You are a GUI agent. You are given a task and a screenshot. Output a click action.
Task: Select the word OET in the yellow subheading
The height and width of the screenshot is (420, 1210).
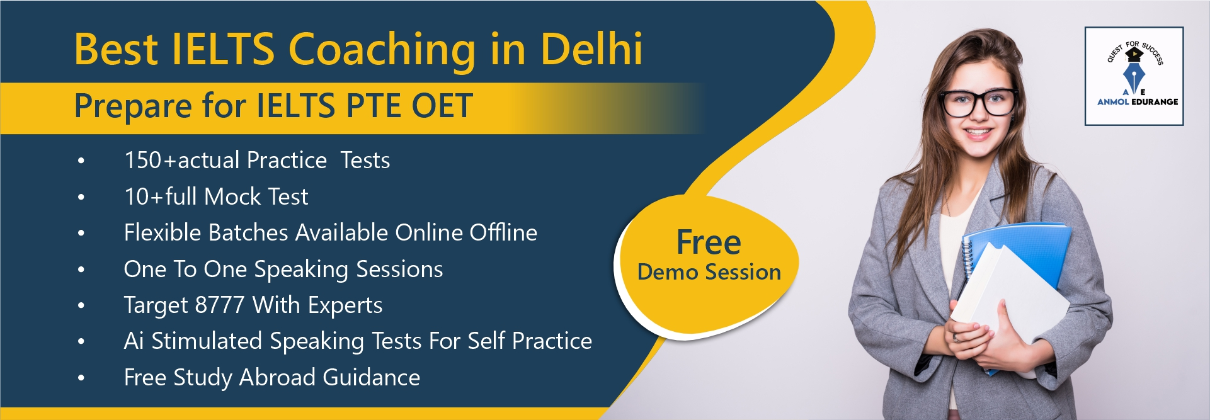point(442,105)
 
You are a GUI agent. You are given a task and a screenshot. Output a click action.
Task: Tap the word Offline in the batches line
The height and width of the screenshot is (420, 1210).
point(503,232)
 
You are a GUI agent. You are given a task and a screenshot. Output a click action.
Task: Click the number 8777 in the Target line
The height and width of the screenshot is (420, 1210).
point(219,305)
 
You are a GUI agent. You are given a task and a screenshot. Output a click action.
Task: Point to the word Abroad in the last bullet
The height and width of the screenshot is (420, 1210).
point(277,377)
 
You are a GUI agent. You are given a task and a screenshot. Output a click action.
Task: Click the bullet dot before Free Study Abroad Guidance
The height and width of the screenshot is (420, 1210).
point(81,378)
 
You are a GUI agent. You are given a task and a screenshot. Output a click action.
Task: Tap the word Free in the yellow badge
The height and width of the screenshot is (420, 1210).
point(709,243)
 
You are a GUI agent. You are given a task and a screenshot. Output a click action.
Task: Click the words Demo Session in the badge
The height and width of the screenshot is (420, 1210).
point(709,272)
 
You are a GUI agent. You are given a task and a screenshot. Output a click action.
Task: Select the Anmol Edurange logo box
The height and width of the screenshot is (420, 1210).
point(1134,76)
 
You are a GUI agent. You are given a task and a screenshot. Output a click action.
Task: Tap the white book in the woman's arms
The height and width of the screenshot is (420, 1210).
point(1008,296)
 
